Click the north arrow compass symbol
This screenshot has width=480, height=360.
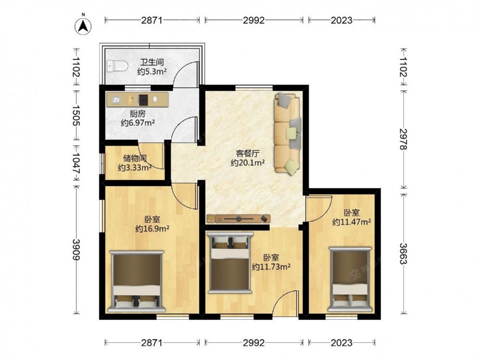point(83,25)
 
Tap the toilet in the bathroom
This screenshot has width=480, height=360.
point(117,66)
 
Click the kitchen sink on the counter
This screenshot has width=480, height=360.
point(116,99)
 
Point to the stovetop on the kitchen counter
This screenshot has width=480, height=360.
point(143,99)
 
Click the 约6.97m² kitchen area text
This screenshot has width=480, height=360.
point(137,123)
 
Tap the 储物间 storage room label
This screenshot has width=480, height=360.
point(135,158)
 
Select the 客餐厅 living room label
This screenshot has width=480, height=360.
point(248,154)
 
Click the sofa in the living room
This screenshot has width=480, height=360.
point(288,134)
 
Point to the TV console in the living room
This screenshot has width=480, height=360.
point(239,219)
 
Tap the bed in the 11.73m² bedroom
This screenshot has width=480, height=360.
point(230,263)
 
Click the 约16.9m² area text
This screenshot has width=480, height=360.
point(152,228)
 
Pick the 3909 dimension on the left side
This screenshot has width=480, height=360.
point(76,250)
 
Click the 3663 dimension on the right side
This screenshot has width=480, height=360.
point(403,253)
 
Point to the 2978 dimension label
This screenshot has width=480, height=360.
point(403,139)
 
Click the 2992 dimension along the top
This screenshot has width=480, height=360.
point(254,20)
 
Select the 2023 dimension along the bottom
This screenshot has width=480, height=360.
point(342,343)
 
